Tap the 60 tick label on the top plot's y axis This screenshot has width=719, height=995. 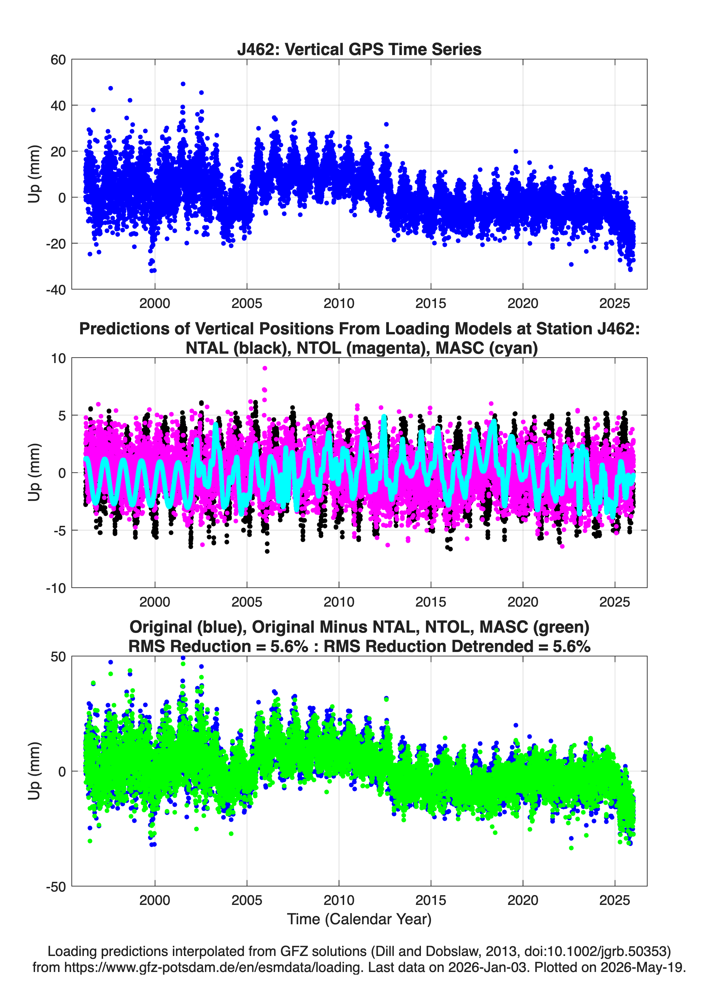tap(58, 60)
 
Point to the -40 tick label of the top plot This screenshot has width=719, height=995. tap(56, 290)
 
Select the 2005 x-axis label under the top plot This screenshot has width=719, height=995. tap(247, 303)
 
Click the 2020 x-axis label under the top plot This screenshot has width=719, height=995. tap(523, 303)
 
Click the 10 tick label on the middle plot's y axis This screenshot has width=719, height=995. tap(58, 358)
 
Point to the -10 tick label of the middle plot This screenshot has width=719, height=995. tap(56, 588)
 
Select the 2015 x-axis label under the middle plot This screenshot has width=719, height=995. tap(431, 602)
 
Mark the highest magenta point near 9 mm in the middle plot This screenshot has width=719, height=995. tap(265, 368)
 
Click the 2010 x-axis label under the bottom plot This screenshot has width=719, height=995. tap(339, 900)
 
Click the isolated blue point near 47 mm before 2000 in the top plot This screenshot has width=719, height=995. tap(110, 88)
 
